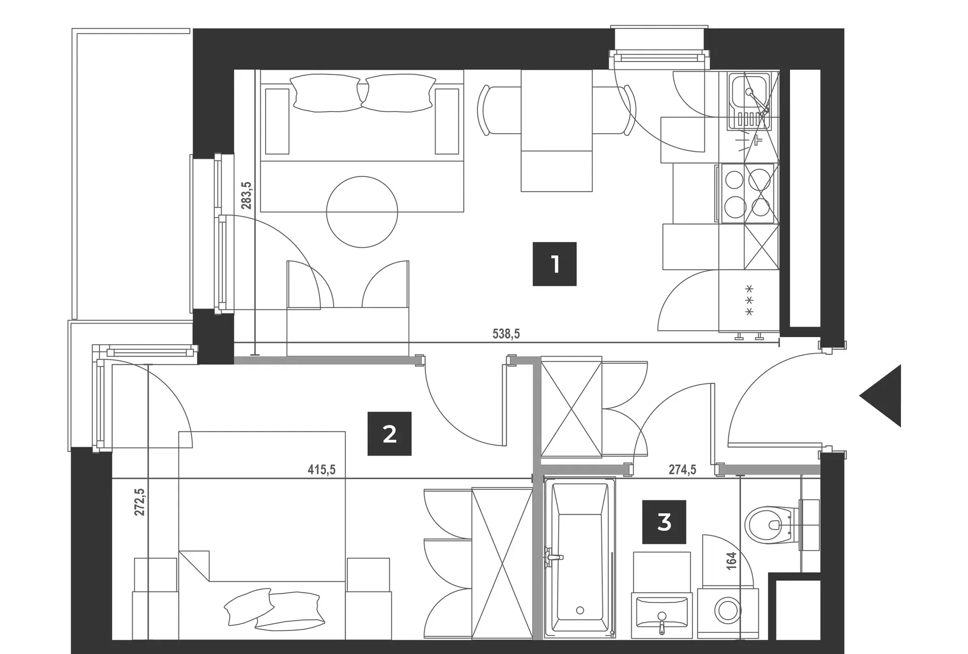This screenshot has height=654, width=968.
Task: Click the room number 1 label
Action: (x=555, y=264)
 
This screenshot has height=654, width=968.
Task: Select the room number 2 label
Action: (x=389, y=434)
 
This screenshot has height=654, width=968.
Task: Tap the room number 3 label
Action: (x=664, y=522)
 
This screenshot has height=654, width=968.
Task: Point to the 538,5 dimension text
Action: (x=506, y=334)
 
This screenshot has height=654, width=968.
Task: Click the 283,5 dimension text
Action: (x=246, y=196)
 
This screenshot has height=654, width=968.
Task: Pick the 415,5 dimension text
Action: (x=322, y=470)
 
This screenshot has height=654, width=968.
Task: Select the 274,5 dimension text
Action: (x=683, y=470)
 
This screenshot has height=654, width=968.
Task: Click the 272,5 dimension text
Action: (x=140, y=502)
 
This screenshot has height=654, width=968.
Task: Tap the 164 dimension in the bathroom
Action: (x=732, y=561)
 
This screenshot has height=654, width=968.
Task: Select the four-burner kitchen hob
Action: (x=748, y=193)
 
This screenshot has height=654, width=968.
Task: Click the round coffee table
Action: (x=362, y=212)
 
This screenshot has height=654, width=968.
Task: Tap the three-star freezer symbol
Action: (x=749, y=301)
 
